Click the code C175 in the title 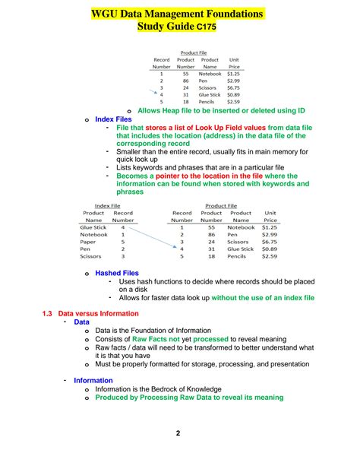point(209,27)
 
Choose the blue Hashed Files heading point(117,272)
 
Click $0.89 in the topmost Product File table point(234,94)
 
